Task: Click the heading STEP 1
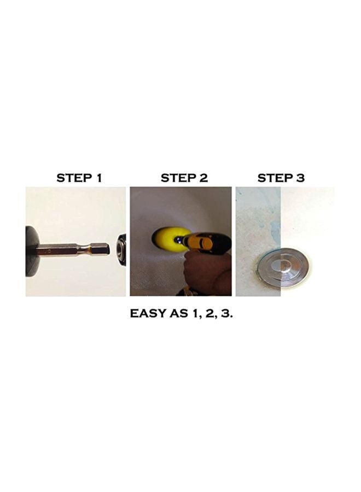79,178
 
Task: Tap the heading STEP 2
184,178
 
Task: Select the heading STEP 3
281,178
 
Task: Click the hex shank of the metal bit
98,249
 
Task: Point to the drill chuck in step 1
122,249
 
